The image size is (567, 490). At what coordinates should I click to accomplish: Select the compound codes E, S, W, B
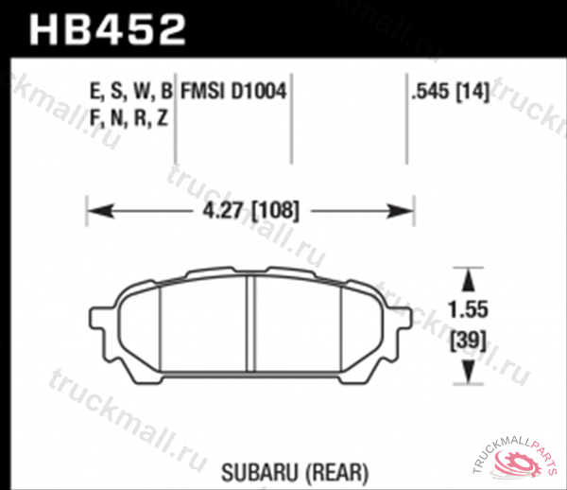(131, 93)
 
